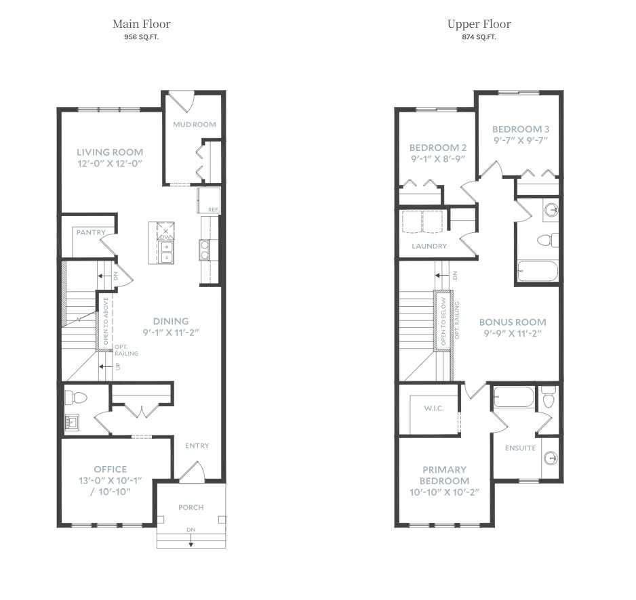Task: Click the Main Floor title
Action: coord(141,24)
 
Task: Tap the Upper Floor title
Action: coord(479,24)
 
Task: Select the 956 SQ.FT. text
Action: coord(141,37)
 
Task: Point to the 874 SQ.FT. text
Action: coord(479,37)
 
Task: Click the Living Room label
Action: coord(110,152)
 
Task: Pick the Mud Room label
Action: coord(194,125)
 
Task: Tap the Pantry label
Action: coord(91,233)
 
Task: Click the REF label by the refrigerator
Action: coord(213,210)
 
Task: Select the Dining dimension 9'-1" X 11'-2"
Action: coord(171,333)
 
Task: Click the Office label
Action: coord(111,469)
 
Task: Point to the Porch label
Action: coord(191,507)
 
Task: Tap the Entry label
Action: coord(197,446)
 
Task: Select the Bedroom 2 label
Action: coord(438,148)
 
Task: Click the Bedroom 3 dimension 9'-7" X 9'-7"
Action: coord(520,141)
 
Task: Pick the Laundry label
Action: coord(429,247)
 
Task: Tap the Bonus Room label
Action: coord(513,322)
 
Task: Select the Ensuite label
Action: coord(520,448)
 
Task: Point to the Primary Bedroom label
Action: coord(444,475)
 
